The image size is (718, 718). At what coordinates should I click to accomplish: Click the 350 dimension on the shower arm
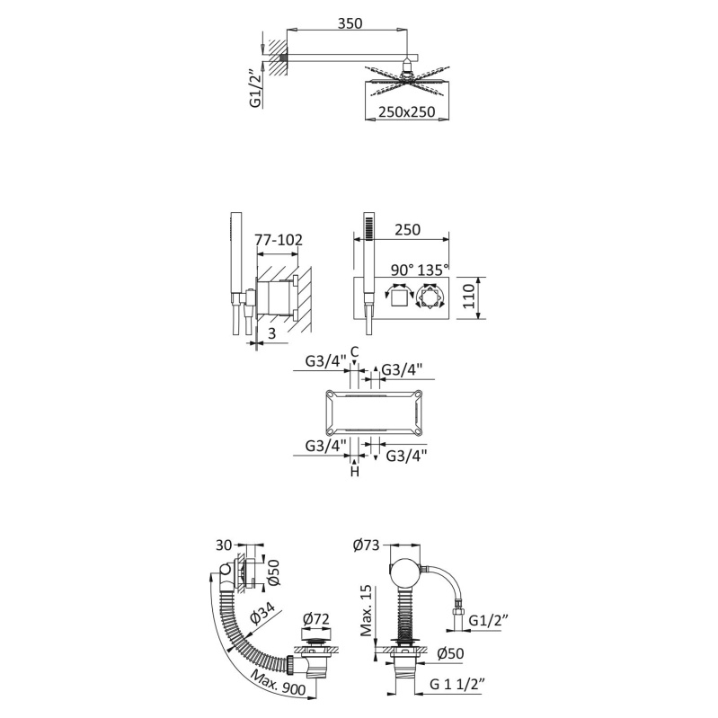(x=350, y=22)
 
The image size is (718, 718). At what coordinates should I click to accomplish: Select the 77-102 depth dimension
(x=279, y=240)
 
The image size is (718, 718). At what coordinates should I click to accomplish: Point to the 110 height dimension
(x=468, y=297)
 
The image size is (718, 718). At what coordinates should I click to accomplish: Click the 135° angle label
(x=433, y=270)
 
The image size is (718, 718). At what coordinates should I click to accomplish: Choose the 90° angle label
(x=403, y=270)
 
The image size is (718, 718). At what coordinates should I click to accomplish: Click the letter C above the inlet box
(x=354, y=351)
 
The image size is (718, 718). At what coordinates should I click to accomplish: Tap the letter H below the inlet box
(x=355, y=471)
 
